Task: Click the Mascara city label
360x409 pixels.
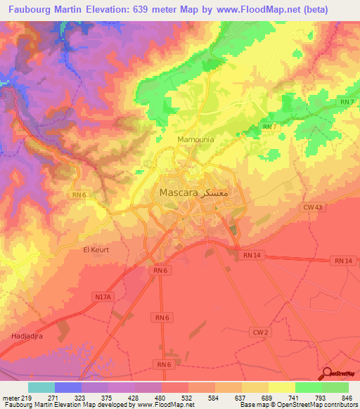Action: pyautogui.click(x=175, y=192)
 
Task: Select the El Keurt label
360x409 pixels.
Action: pyautogui.click(x=96, y=249)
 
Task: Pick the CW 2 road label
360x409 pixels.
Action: pyautogui.click(x=261, y=332)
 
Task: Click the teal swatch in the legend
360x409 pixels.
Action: pyautogui.click(x=41, y=387)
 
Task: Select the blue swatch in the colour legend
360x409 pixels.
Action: pyautogui.click(x=67, y=387)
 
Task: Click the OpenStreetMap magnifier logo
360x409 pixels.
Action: pyautogui.click(x=328, y=373)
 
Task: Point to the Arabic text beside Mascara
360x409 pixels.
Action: pyautogui.click(x=217, y=192)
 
